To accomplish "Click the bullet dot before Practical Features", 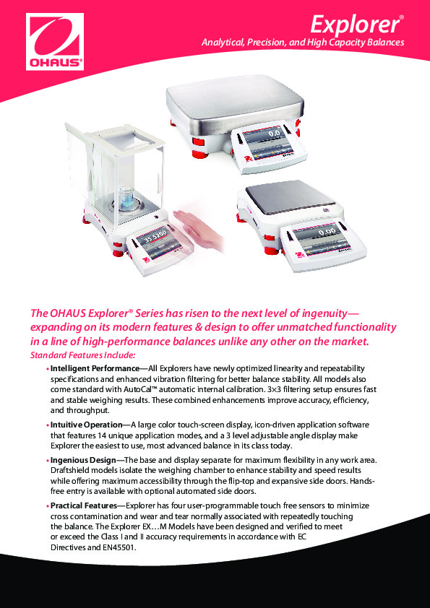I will click(47, 508).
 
